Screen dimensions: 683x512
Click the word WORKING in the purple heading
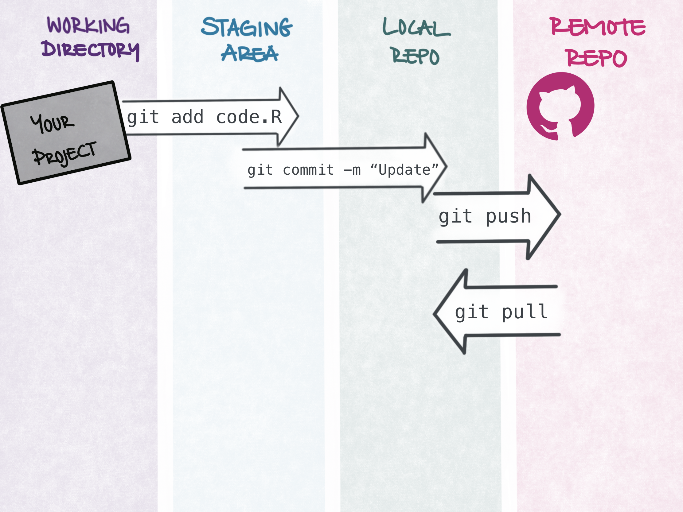point(88,25)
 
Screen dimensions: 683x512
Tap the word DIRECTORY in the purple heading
point(91,50)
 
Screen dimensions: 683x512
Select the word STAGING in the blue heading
point(247,27)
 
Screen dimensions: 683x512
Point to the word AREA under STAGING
point(249,53)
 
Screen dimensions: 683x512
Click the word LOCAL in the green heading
point(416,27)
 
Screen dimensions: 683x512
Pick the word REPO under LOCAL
point(416,56)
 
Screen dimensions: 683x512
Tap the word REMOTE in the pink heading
point(597,26)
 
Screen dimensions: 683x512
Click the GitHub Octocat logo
point(560,106)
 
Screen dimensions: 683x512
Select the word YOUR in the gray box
point(52,123)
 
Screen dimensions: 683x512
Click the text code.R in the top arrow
point(249,117)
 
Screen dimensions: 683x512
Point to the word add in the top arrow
point(187,117)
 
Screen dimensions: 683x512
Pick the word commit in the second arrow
point(308,170)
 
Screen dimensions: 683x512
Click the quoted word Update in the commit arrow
point(404,170)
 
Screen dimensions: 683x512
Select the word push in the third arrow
point(509,216)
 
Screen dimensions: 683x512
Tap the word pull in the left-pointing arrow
point(525,312)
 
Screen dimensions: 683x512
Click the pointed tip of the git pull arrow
point(434,314)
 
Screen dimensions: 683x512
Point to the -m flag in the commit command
point(352,170)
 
